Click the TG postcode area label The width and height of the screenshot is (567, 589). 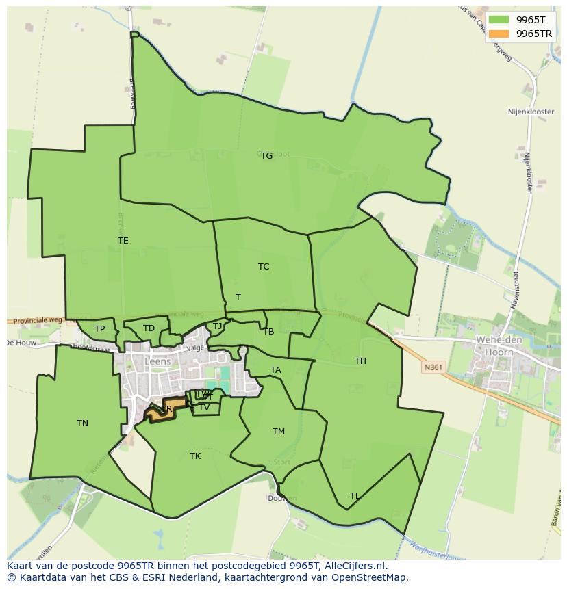coord(266,156)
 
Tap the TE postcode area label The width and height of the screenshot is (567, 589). coord(123,241)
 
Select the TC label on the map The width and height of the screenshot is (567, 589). coord(264,267)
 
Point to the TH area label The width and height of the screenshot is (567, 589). coord(360,361)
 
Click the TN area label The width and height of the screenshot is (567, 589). coord(82,423)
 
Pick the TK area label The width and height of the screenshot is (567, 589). coord(195,456)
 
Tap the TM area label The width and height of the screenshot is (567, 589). coord(278,432)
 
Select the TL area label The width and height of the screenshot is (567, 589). coord(354,496)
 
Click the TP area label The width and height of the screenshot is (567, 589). coord(100,329)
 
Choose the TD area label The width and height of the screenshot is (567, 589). coord(149,328)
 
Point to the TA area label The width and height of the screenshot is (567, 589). coord(275,370)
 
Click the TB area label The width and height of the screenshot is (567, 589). coord(268,332)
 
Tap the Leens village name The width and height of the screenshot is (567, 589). coord(157,362)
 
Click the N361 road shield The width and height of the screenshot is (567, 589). coord(433,367)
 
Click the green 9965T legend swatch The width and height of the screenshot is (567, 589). coord(499,20)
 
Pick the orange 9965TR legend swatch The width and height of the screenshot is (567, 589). coord(499,34)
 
